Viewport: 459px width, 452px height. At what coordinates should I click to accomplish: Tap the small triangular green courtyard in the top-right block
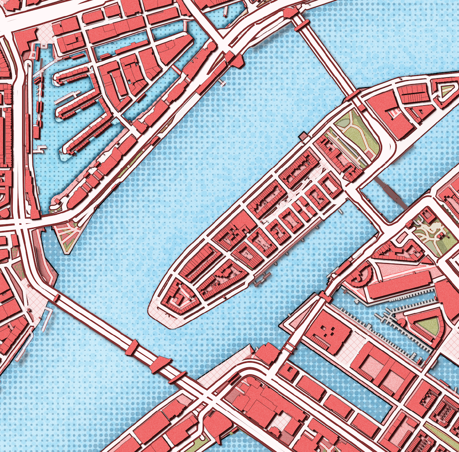[446, 90]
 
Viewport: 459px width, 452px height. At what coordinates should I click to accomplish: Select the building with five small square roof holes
[328, 334]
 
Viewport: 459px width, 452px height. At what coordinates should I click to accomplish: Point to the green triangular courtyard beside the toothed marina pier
[427, 325]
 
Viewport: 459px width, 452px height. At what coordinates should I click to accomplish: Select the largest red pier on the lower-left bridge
[161, 364]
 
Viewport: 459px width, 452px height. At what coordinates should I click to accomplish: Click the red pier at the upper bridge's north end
[290, 12]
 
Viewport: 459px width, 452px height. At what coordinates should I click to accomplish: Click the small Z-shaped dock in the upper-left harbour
[42, 149]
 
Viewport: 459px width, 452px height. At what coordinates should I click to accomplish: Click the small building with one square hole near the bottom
[288, 372]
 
